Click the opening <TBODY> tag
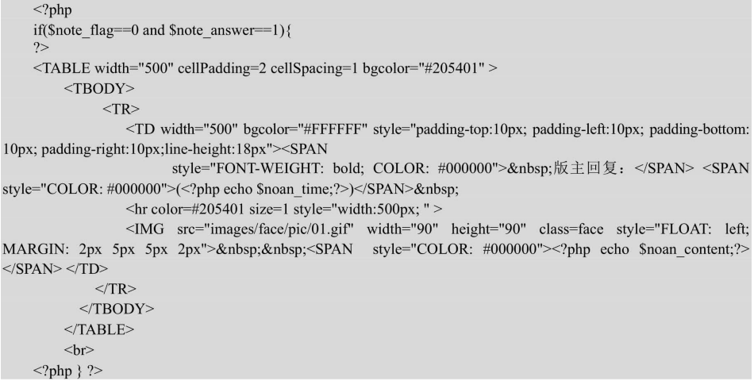pyautogui.click(x=99, y=89)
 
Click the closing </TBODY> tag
pyautogui.click(x=117, y=309)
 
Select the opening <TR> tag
pyautogui.click(x=121, y=110)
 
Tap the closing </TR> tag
pyautogui.click(x=116, y=289)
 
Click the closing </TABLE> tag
pyautogui.click(x=99, y=329)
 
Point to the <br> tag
pyautogui.click(x=79, y=350)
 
